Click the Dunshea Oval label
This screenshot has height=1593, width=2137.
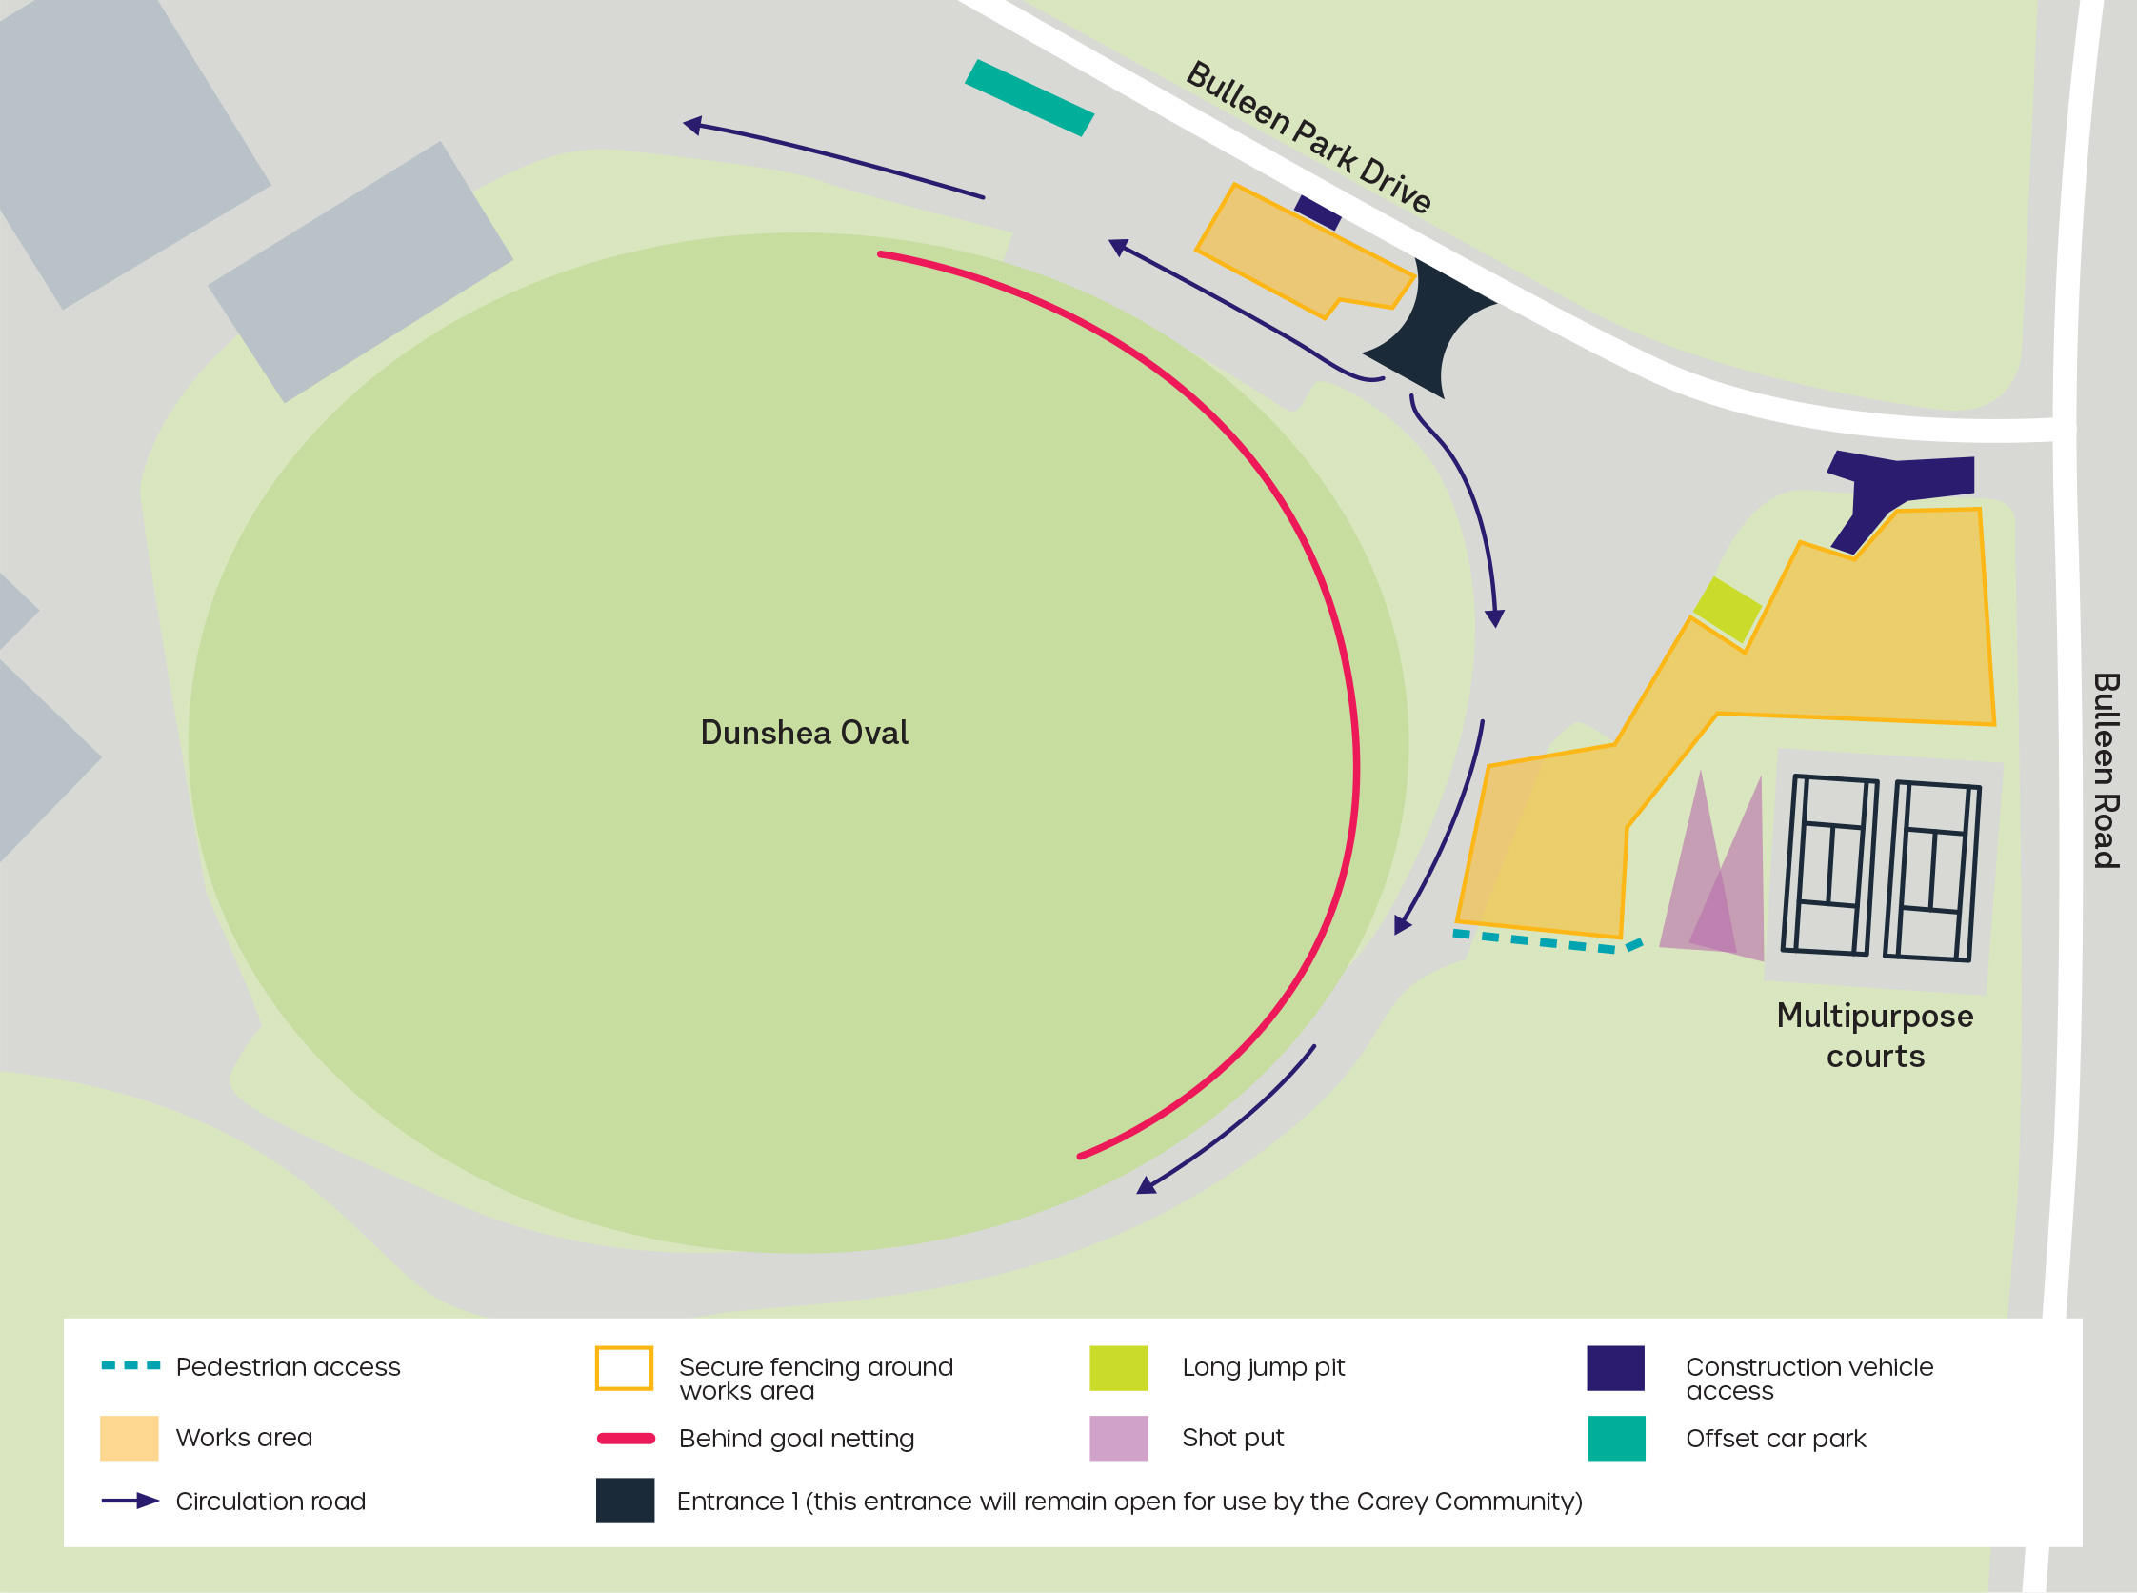click(x=804, y=733)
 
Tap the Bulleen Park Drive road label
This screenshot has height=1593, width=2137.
click(x=1308, y=136)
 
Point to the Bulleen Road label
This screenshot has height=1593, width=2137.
click(x=2106, y=771)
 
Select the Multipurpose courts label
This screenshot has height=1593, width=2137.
click(x=1875, y=1036)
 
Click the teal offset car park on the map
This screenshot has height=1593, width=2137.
click(x=1029, y=97)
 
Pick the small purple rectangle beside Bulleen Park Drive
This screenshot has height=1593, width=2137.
click(x=1318, y=212)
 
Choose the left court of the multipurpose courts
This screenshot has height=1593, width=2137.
click(x=1829, y=866)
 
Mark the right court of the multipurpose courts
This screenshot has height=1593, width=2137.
click(x=1931, y=872)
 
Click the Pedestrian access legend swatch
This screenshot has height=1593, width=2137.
click(x=130, y=1365)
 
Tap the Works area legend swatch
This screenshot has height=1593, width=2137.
click(x=130, y=1438)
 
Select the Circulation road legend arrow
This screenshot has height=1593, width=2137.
click(x=130, y=1501)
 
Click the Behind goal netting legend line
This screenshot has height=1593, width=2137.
click(x=626, y=1439)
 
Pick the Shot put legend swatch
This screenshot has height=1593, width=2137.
click(x=1118, y=1438)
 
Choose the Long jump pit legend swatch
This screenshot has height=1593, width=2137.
click(x=1118, y=1367)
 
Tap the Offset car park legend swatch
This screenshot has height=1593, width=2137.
click(x=1616, y=1438)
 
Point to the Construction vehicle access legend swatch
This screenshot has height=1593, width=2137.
click(x=1615, y=1367)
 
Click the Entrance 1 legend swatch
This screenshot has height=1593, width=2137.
click(x=625, y=1501)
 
